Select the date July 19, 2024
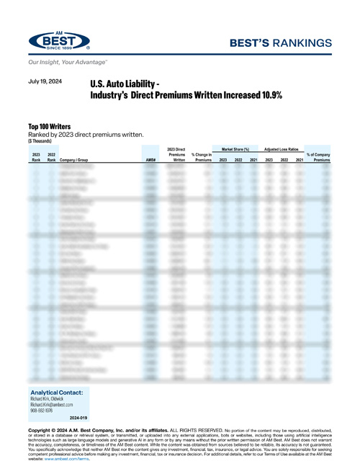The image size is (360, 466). click(45, 82)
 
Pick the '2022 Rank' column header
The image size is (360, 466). click(51, 157)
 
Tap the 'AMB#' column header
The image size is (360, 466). click(150, 159)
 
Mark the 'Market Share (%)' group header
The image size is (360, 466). click(239, 147)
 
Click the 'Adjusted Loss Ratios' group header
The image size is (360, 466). click(282, 147)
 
